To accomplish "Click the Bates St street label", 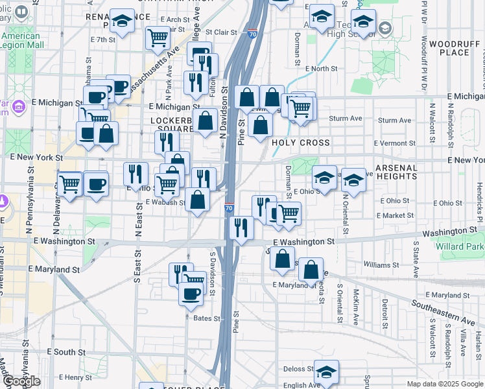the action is (207, 318).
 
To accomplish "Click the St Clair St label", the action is (222, 31).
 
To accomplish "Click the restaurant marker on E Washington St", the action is (241, 228).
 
